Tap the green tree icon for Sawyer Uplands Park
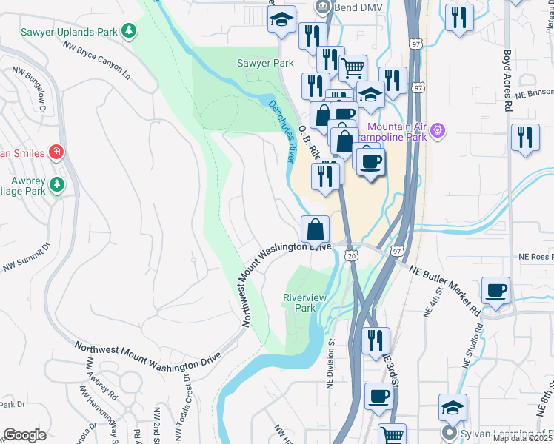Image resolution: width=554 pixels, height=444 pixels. [130, 31]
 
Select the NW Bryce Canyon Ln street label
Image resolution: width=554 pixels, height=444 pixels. [97, 60]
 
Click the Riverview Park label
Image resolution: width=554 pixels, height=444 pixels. [304, 302]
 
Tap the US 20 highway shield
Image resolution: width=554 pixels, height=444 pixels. [351, 255]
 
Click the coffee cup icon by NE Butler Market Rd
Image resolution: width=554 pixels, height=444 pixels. [495, 290]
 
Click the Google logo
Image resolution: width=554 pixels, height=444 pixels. [24, 435]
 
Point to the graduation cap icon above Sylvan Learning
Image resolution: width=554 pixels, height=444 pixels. [453, 407]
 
